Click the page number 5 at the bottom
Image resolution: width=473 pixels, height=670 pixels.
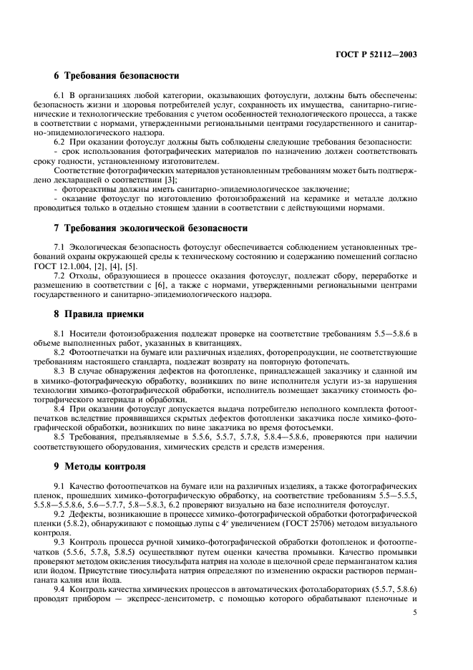pos(415,612)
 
